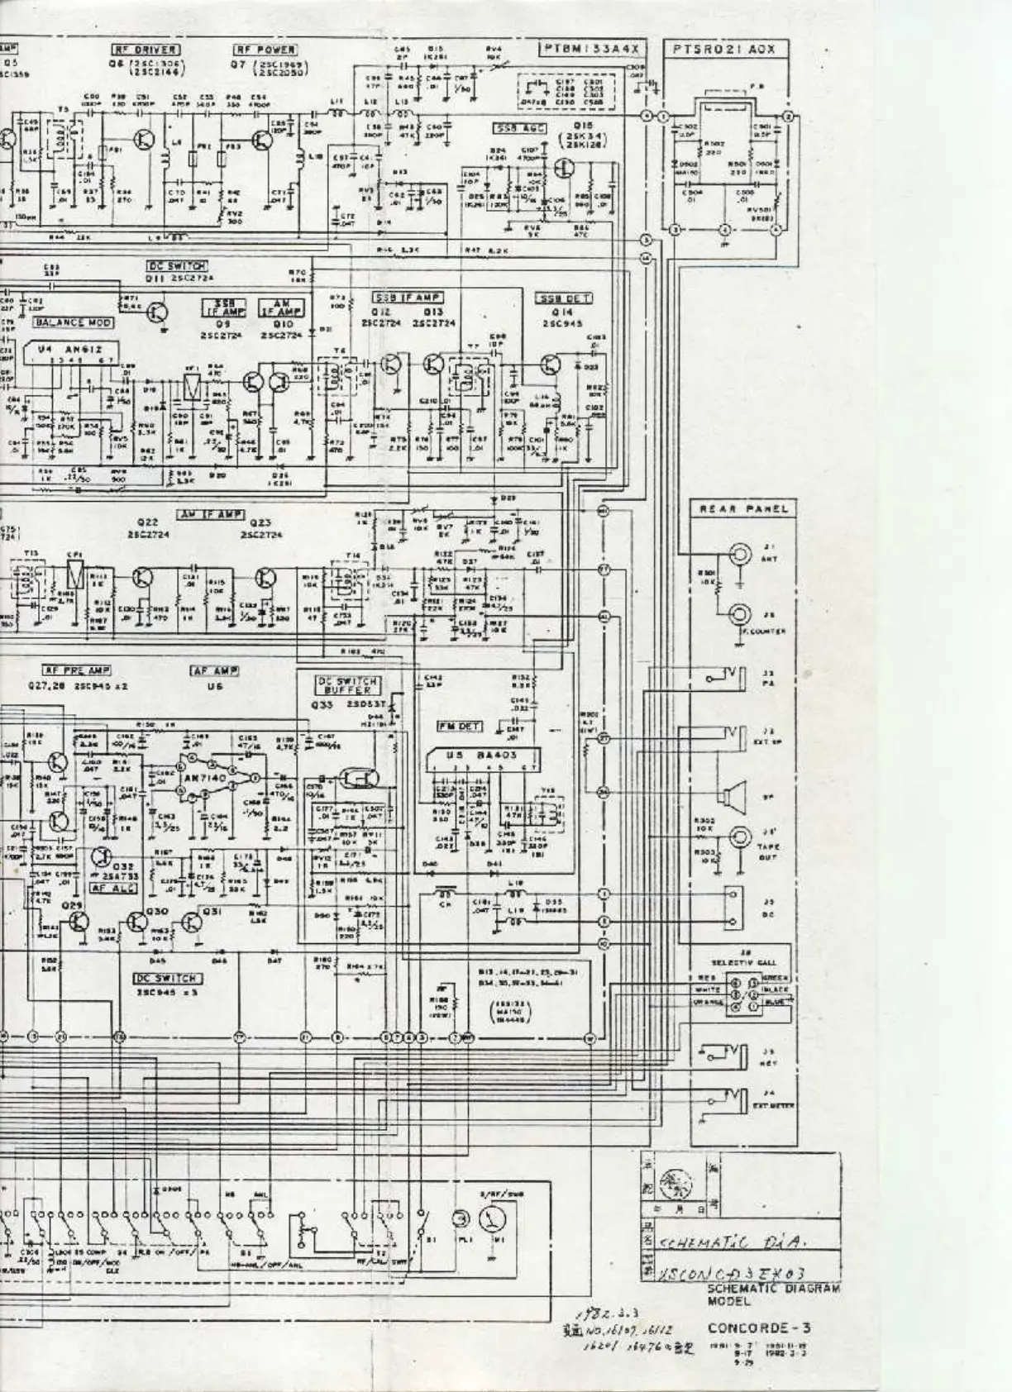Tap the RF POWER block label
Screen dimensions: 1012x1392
pos(265,50)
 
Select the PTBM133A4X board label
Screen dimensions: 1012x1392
pos(591,50)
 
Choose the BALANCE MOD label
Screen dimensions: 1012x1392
pos(72,322)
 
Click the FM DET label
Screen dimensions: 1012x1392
pos(459,726)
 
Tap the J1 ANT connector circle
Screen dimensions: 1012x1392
pos(739,552)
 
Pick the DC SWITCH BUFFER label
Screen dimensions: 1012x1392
pos(348,685)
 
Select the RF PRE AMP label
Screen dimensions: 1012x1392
pos(76,671)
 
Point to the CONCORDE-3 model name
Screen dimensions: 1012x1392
pos(759,1328)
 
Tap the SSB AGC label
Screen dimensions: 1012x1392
pos(516,129)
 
